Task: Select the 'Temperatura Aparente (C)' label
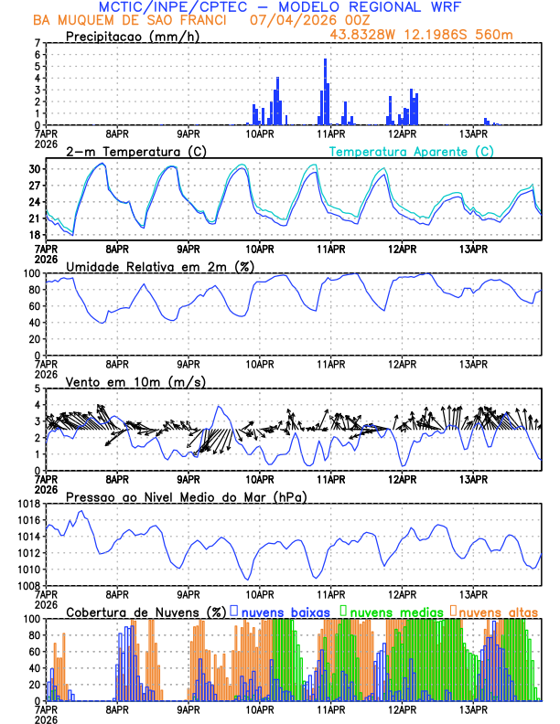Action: (x=411, y=151)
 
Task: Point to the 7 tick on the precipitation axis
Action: (x=37, y=43)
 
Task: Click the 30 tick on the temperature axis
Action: (x=35, y=169)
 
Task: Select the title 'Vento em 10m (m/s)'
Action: (x=135, y=381)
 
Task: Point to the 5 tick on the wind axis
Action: (x=37, y=389)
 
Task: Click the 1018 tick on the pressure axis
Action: (x=27, y=504)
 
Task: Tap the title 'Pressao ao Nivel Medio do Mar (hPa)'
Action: (x=186, y=496)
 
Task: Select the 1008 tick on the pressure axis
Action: (x=27, y=586)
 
